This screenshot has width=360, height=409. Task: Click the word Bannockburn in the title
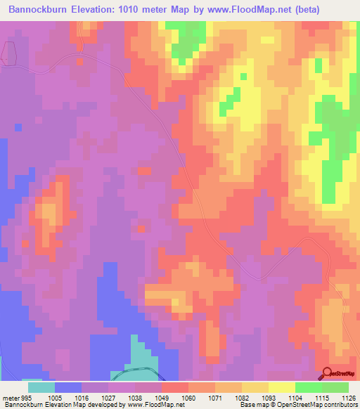click(x=40, y=10)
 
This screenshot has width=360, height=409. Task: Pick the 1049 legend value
click(x=162, y=397)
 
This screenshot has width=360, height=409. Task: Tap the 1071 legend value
click(x=215, y=397)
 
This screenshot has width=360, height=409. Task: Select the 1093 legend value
click(x=269, y=397)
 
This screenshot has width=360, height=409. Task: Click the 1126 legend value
click(x=348, y=397)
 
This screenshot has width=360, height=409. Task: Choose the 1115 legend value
click(x=321, y=397)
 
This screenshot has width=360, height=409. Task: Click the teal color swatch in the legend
click(x=41, y=387)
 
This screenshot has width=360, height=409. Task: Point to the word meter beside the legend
click(x=10, y=397)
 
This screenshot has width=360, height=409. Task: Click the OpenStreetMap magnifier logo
click(x=328, y=373)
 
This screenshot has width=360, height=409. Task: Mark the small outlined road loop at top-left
click(x=8, y=53)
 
